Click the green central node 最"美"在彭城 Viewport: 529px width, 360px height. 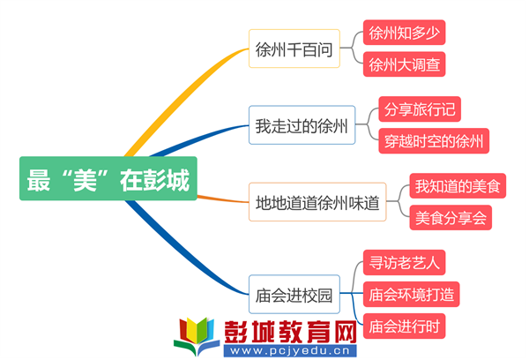click(108, 178)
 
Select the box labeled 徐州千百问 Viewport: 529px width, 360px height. click(294, 49)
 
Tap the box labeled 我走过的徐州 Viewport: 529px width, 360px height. click(302, 125)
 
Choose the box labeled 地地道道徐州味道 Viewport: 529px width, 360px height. click(317, 202)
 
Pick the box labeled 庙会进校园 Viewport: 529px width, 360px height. click(294, 294)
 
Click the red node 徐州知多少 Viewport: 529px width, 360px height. click(404, 33)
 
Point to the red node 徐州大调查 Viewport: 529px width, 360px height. click(404, 64)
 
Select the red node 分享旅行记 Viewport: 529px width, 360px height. click(420, 109)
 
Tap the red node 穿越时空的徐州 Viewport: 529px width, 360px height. click(434, 141)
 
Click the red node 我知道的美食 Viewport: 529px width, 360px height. click(458, 186)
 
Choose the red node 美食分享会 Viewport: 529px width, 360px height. click(451, 217)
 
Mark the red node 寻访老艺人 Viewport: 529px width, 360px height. click(404, 262)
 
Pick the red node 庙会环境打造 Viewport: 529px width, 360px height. click(411, 294)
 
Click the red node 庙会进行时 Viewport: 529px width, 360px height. click(404, 326)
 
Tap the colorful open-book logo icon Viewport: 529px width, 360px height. click(197, 336)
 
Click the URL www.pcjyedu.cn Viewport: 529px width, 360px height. click(290, 350)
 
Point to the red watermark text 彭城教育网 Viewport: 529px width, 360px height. click(290, 331)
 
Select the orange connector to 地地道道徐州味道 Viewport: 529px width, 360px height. click(223, 199)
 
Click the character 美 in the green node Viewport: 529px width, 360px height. click(85, 180)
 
